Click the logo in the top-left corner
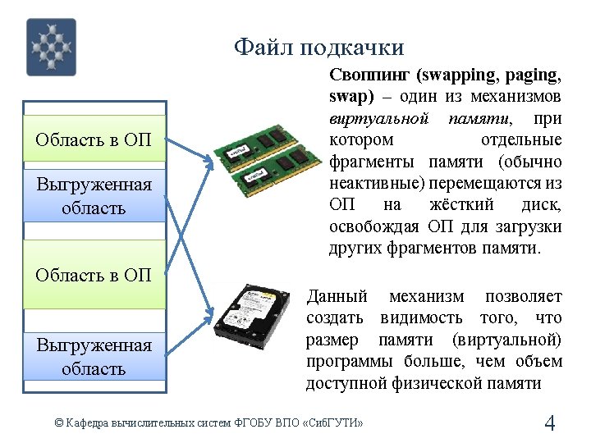(x=52, y=47)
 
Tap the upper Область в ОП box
(x=94, y=139)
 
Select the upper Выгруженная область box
(x=94, y=196)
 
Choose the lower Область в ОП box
(x=94, y=274)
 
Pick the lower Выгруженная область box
(x=94, y=357)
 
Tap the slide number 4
(x=550, y=423)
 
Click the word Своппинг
(x=369, y=75)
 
